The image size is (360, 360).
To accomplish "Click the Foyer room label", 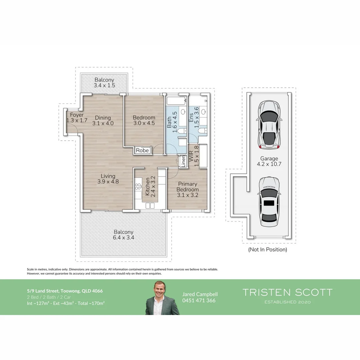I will point(75,118).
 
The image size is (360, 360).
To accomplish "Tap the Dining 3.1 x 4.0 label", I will point(103,120).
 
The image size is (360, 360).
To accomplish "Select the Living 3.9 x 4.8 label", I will point(108,179).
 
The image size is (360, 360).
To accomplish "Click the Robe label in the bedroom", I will point(143,151).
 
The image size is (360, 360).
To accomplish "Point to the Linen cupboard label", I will point(183,162).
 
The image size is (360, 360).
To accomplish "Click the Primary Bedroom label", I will point(187,189).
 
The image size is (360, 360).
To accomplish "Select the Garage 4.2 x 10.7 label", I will point(269,161).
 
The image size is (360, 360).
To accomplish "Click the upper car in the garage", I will point(269,125).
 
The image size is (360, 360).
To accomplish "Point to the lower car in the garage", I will point(269,202).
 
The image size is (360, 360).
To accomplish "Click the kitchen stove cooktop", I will point(138,187).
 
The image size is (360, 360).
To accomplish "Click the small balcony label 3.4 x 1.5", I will point(104,83).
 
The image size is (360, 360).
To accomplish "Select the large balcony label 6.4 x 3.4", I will point(123,235).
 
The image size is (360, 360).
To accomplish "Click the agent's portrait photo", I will point(162,298).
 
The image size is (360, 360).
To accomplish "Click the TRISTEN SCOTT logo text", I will point(287,293).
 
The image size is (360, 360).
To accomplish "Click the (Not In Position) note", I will point(267,249).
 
